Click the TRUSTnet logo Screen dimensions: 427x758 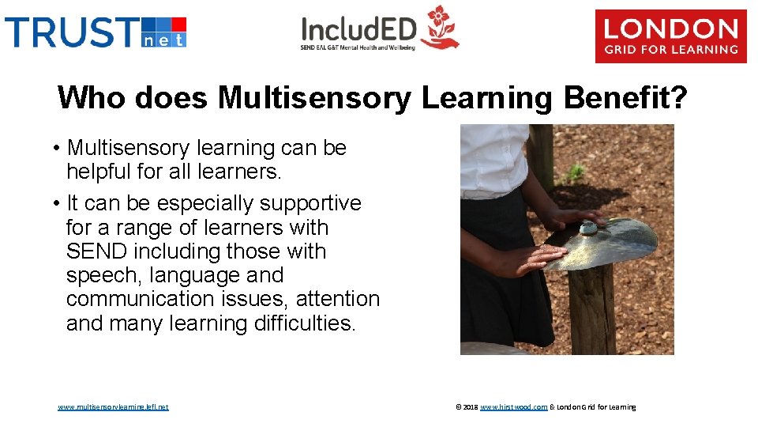(96, 32)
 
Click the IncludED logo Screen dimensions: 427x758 (379, 30)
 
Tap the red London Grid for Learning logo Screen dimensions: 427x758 (670, 36)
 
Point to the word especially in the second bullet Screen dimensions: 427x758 (207, 203)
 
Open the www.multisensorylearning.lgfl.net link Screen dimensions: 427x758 (113, 407)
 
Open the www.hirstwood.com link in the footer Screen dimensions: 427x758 (513, 407)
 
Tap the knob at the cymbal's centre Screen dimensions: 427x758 (589, 228)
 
